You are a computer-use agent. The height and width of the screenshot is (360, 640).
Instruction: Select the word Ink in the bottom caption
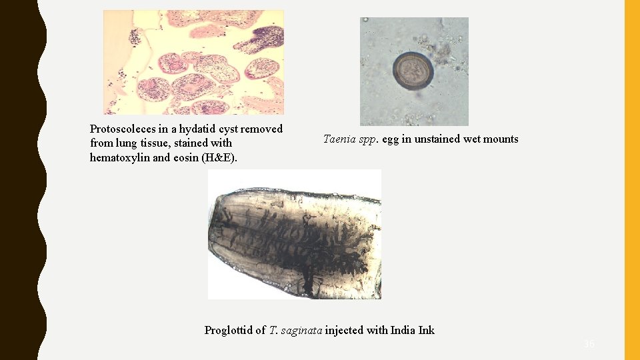coord(426,330)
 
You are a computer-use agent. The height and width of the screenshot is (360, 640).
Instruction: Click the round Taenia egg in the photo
coord(413,71)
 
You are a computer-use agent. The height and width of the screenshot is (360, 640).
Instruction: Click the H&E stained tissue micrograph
coord(193,62)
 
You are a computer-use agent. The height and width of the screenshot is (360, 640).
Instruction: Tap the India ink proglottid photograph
coord(295,234)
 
